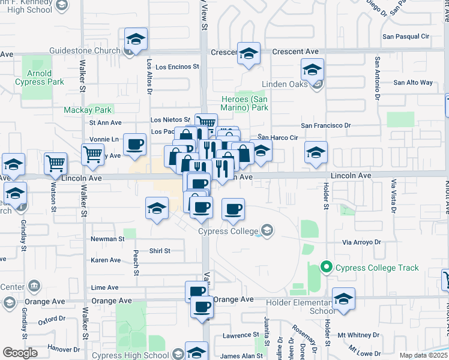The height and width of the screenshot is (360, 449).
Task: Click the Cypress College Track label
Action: (378, 268)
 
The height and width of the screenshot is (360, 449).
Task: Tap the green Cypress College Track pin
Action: (327, 267)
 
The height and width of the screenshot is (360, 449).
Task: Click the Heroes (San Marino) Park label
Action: (243, 103)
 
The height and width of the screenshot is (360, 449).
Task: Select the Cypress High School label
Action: (131, 355)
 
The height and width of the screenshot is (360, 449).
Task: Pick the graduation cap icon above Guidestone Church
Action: (136, 40)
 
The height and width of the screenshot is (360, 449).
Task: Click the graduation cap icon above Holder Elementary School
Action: (343, 298)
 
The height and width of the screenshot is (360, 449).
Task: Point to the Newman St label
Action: (107, 239)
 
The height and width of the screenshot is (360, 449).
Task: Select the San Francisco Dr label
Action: (325, 125)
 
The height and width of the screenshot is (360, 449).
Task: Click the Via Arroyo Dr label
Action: (361, 242)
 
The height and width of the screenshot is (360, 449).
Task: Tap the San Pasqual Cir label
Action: (406, 37)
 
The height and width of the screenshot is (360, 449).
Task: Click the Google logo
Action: (20, 353)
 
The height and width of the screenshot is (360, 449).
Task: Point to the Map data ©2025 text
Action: (424, 355)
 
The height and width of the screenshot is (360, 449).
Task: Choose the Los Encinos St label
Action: (177, 67)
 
